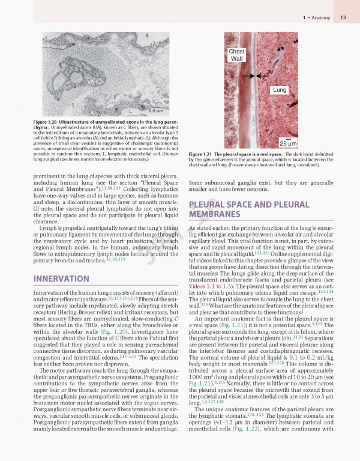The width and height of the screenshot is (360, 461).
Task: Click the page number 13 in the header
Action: pos(343,18)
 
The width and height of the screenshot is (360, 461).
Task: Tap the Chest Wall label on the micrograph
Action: pos(236,56)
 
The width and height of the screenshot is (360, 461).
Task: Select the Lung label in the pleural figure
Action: pos(279,89)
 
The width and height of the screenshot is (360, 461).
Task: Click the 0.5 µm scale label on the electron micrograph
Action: pos(155,110)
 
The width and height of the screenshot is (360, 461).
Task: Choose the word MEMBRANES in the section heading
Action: pos(214,214)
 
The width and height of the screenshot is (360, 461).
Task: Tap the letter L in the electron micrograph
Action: pos(130,110)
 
